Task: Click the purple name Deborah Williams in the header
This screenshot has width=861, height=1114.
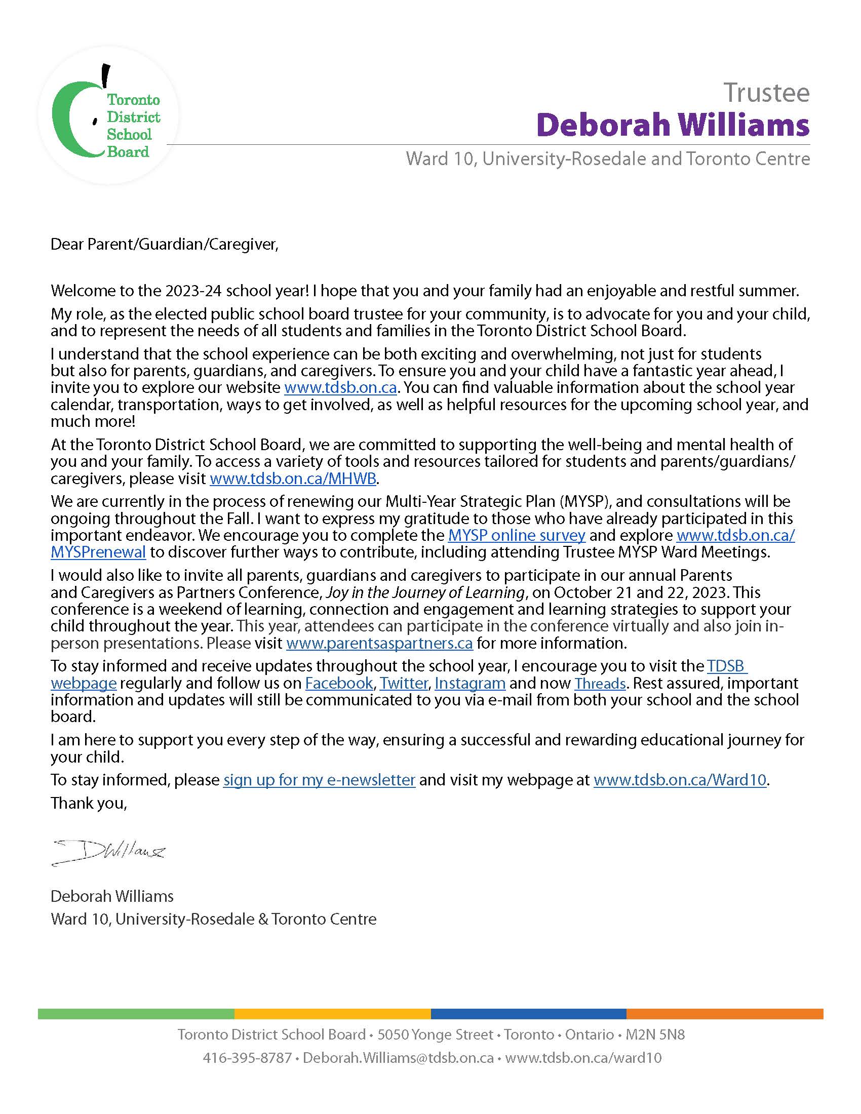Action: [673, 125]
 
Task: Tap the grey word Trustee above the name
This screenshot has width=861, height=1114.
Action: [766, 92]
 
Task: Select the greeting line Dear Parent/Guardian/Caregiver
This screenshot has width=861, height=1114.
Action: [164, 245]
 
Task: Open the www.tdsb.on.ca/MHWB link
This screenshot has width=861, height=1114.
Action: [293, 479]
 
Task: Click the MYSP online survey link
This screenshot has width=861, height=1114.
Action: [516, 535]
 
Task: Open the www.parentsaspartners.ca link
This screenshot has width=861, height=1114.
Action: [379, 643]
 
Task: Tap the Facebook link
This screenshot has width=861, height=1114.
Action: [339, 683]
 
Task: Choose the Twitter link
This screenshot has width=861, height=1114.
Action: [404, 683]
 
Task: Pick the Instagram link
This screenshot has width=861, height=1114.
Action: [470, 683]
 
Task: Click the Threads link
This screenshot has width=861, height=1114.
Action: [600, 683]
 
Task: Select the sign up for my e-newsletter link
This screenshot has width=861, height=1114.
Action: [319, 780]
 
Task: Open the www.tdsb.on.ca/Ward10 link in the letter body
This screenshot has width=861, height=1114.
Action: [680, 780]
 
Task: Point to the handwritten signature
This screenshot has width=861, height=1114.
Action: [109, 852]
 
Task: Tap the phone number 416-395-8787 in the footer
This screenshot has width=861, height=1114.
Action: [247, 1058]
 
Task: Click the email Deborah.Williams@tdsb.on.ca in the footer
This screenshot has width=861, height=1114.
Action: [398, 1058]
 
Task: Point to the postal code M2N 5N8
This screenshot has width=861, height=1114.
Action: [655, 1035]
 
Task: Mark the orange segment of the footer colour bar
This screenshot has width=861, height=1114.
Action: [724, 1014]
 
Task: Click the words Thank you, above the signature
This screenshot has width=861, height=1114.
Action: [88, 804]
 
